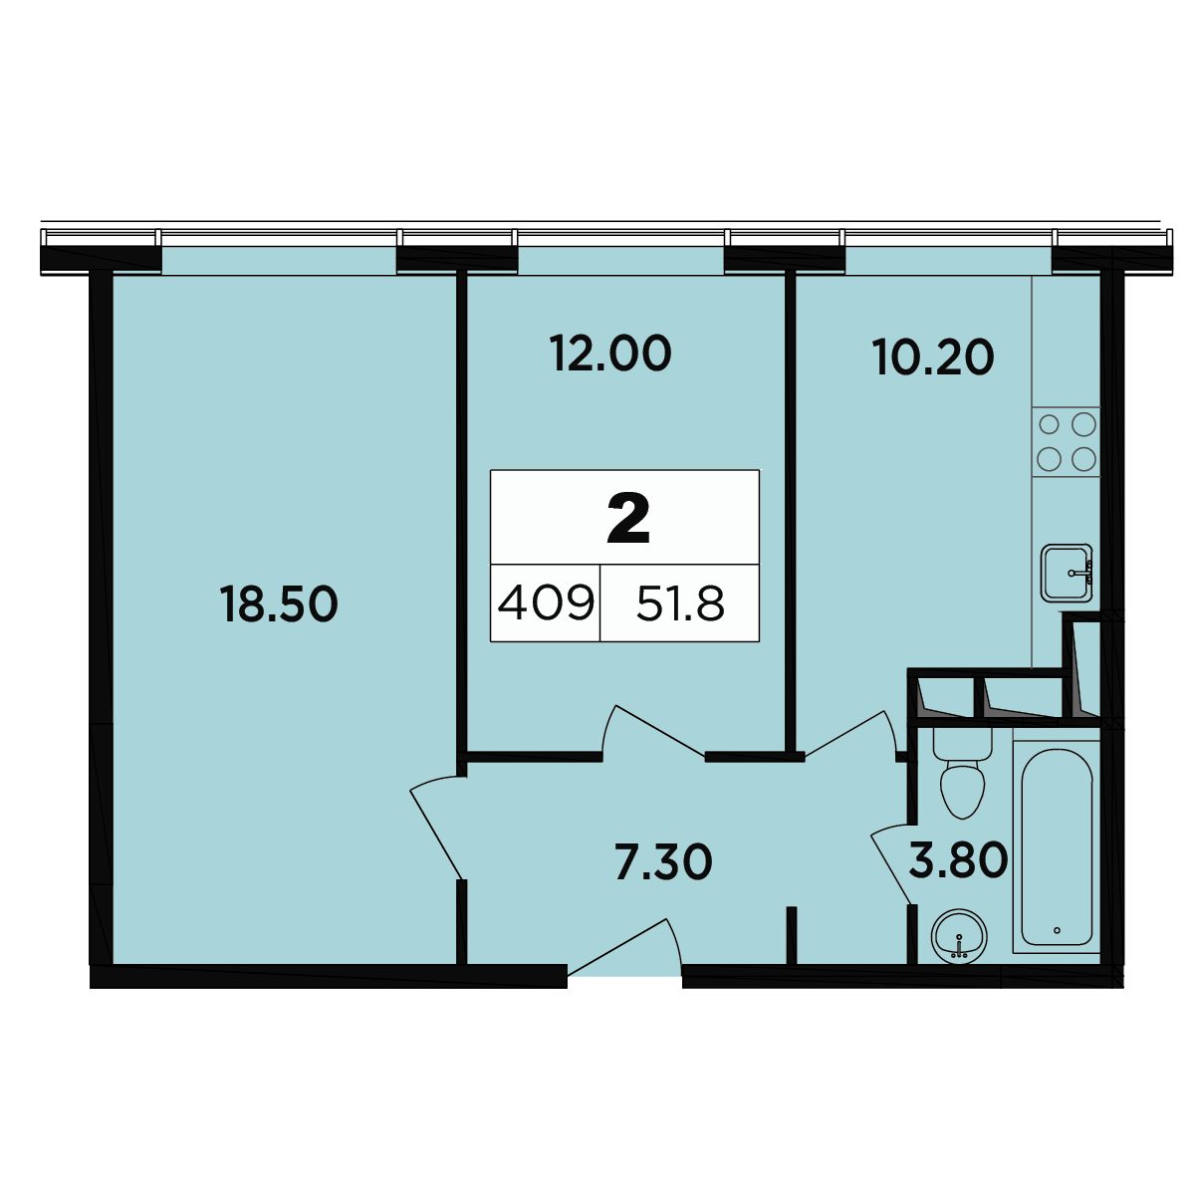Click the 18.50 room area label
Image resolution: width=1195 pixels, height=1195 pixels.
pyautogui.click(x=279, y=604)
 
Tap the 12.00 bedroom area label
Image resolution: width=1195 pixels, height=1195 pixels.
pyautogui.click(x=610, y=354)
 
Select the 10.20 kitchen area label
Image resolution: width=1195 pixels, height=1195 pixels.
pyautogui.click(x=933, y=358)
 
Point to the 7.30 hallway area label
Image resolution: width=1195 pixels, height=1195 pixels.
pyautogui.click(x=663, y=862)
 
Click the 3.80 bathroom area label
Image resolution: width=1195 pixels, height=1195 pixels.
pyautogui.click(x=958, y=860)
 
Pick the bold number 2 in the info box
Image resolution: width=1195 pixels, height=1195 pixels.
pyautogui.click(x=628, y=520)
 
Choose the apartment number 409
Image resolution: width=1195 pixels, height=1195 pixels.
pyautogui.click(x=546, y=603)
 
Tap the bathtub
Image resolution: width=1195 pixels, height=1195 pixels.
pyautogui.click(x=1057, y=847)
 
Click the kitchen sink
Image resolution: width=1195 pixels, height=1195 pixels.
pyautogui.click(x=1067, y=573)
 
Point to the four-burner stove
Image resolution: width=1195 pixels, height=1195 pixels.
pyautogui.click(x=1066, y=442)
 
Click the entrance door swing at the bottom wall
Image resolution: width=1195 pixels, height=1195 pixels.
pyautogui.click(x=625, y=948)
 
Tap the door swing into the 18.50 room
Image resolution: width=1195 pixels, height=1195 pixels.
pyautogui.click(x=438, y=828)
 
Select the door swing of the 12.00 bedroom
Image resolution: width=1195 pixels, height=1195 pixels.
pyautogui.click(x=653, y=731)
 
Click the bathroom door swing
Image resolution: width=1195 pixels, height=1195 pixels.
pyautogui.click(x=891, y=863)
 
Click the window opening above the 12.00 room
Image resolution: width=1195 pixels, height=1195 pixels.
pyautogui.click(x=620, y=260)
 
